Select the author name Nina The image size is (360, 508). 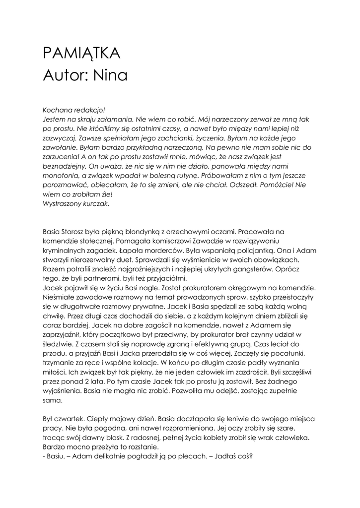pyautogui.click(x=109, y=75)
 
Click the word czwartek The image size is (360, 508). pyautogui.click(x=72, y=419)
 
